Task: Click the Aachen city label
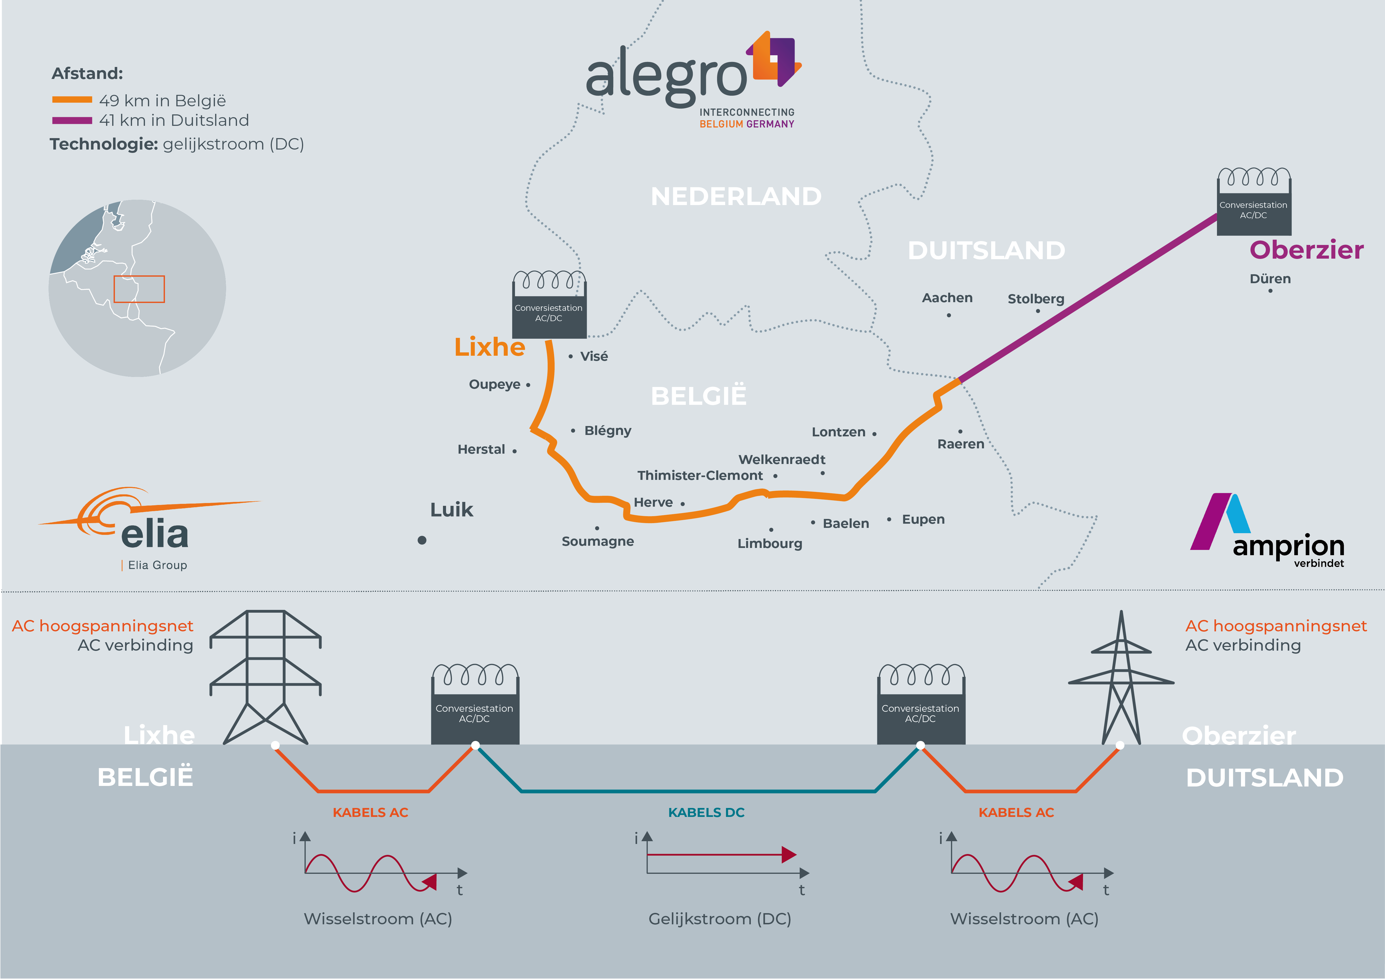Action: (947, 298)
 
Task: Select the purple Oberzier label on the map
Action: (1306, 250)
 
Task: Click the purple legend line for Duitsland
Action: (72, 121)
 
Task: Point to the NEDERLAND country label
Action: (736, 196)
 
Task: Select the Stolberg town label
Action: (1036, 299)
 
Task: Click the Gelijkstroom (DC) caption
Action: (720, 919)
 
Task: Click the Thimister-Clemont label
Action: (700, 476)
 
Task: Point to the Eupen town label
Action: (923, 520)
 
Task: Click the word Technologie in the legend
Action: (104, 144)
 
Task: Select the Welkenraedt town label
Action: (782, 459)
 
